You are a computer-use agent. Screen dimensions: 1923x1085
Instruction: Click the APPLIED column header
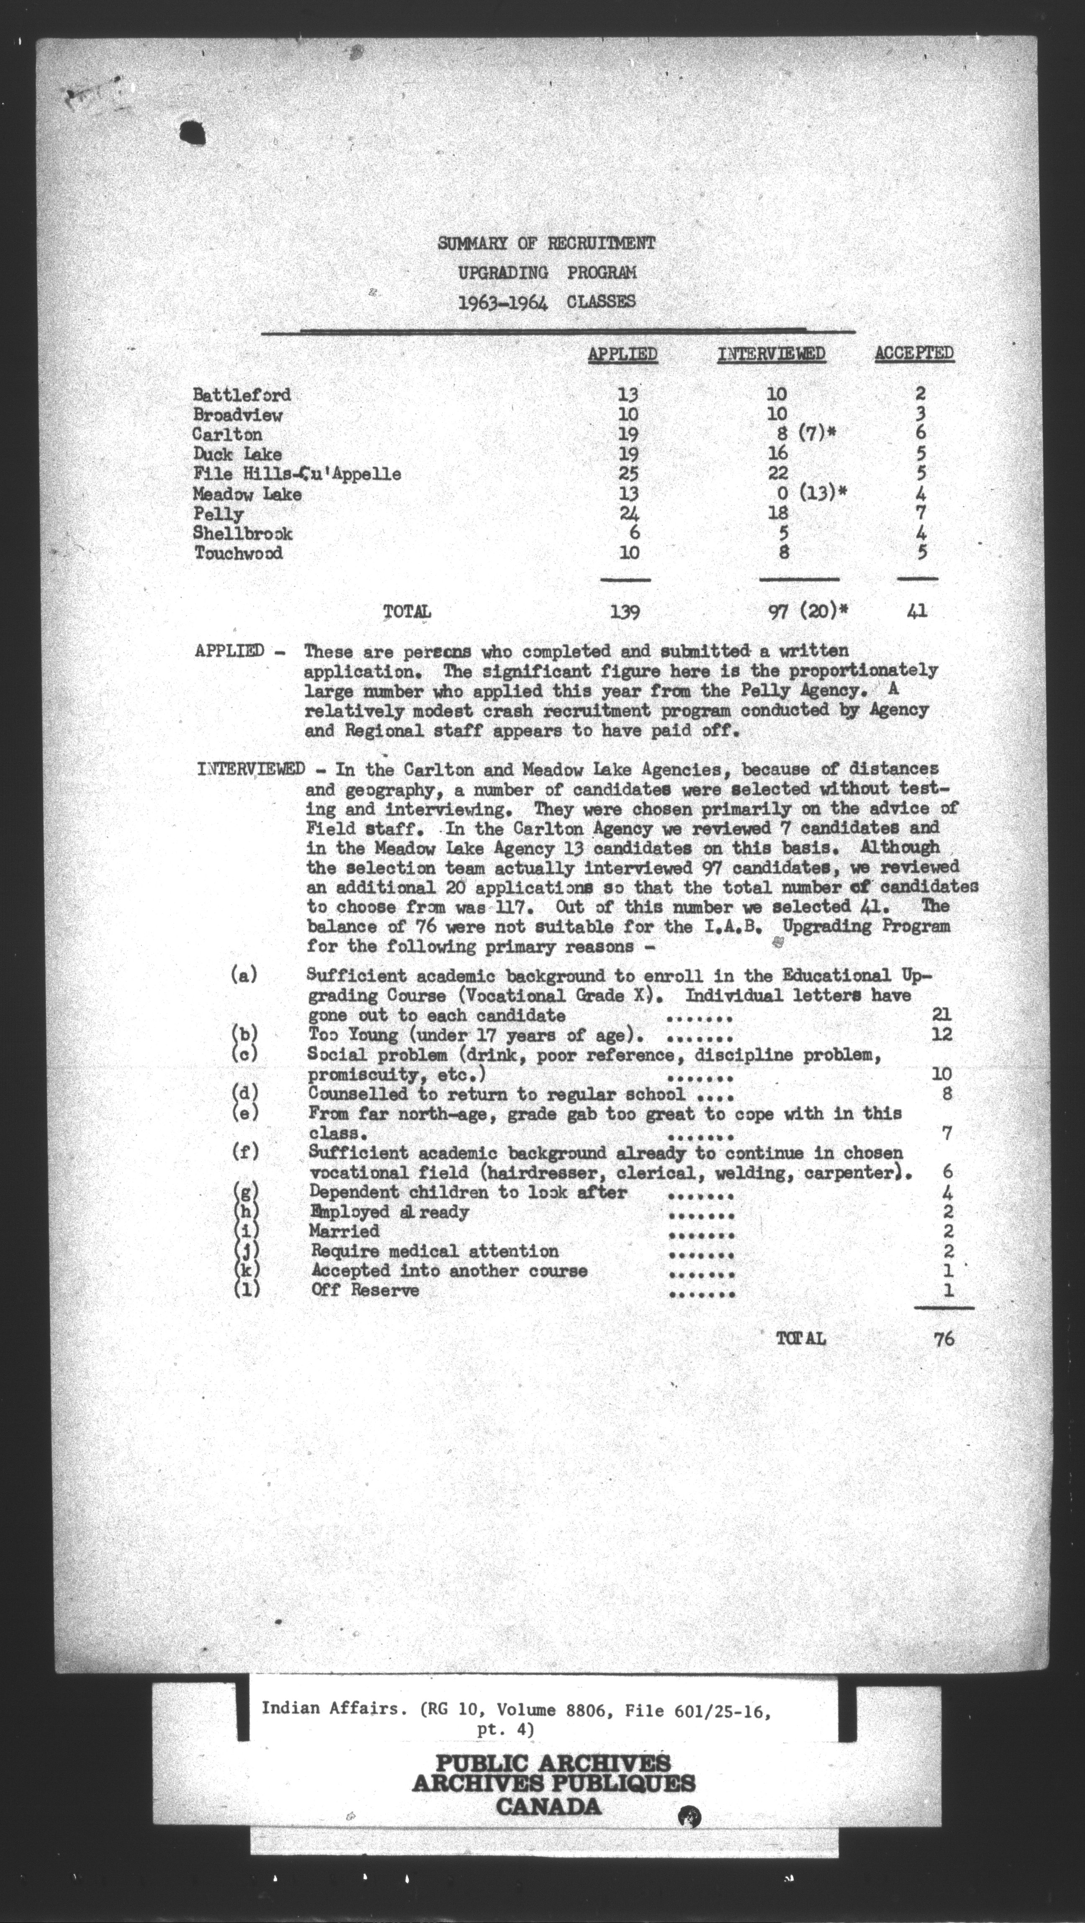tap(622, 354)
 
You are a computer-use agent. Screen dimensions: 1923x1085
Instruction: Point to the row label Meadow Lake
tap(247, 494)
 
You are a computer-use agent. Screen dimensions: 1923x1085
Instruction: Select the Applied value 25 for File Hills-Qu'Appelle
tap(628, 473)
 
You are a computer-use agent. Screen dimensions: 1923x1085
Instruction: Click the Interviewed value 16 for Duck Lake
tap(778, 453)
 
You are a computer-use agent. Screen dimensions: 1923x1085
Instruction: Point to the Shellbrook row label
tap(242, 534)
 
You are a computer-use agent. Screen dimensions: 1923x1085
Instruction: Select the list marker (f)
tap(245, 1152)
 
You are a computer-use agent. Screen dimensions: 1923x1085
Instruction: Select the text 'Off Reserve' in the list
tap(365, 1291)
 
